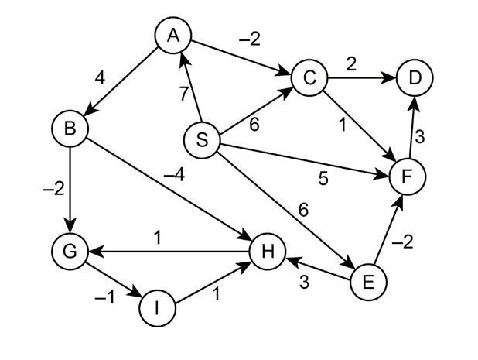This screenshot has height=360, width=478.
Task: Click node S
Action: (203, 140)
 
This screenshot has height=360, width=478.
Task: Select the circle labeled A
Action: (173, 35)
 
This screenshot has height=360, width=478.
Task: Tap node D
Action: (415, 79)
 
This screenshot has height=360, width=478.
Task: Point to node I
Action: (158, 308)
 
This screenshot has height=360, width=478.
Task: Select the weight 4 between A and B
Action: (100, 79)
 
